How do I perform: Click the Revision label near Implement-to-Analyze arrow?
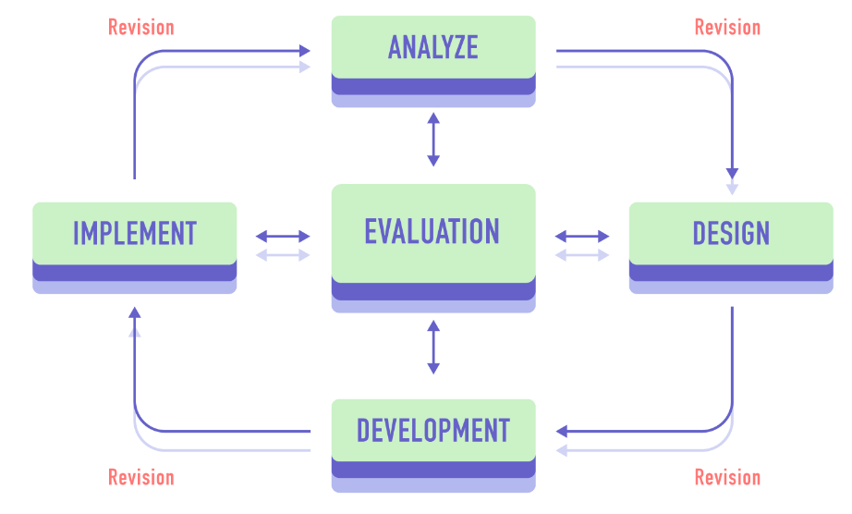tap(140, 27)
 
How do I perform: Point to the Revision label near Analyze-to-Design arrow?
tap(727, 27)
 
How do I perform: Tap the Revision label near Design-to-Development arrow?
tap(727, 477)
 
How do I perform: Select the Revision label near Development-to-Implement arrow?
tap(140, 477)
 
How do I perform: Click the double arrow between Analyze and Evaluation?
tap(433, 140)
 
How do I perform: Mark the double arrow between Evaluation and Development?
tap(433, 347)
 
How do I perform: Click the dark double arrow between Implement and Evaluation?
tap(283, 236)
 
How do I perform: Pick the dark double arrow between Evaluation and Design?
tap(582, 236)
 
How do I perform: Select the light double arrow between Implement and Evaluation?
tap(283, 254)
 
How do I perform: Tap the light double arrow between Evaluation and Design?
tap(582, 254)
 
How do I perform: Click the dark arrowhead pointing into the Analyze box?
tap(305, 51)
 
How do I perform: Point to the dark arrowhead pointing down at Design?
tap(732, 173)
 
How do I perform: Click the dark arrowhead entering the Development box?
tap(562, 431)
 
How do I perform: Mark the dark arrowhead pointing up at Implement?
tap(135, 312)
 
